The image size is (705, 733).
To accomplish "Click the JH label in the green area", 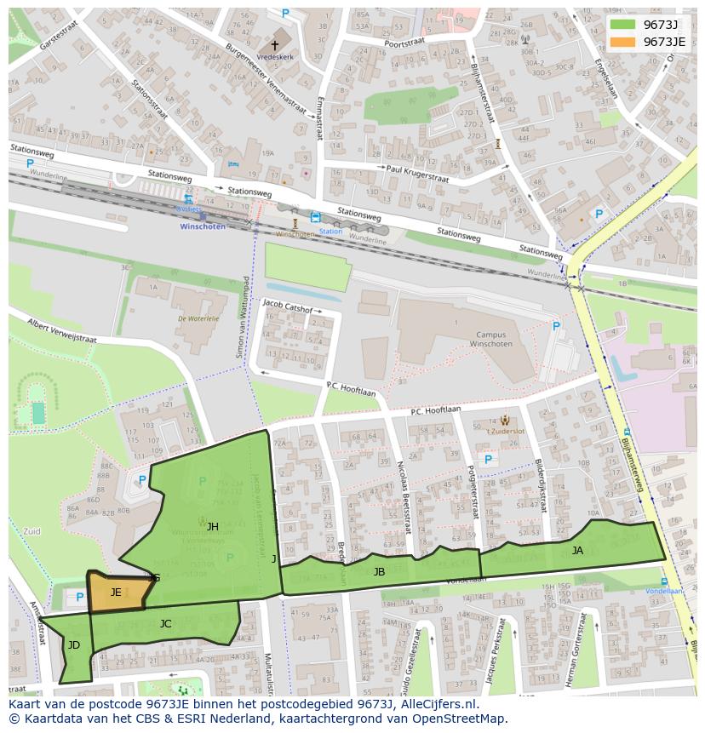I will pos(212,527).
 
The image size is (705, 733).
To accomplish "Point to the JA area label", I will pos(577,551).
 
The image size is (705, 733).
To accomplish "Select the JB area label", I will pos(379,572).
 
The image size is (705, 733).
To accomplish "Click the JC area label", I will pos(165,624).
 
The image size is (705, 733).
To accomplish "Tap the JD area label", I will pos(74,645).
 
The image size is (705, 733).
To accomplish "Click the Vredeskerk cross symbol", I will pos(275,44).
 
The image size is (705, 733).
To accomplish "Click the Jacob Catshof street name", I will pos(288,303).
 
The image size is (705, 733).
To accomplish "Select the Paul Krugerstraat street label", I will pos(417,169).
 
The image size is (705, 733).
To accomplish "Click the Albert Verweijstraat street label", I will pos(62,330).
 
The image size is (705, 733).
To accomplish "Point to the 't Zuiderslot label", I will pos(506,431).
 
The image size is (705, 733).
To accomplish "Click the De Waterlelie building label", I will pos(198,318).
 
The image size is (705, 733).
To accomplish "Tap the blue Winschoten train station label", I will pos(203,226).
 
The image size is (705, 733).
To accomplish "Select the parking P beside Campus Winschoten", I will pos(556,326).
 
